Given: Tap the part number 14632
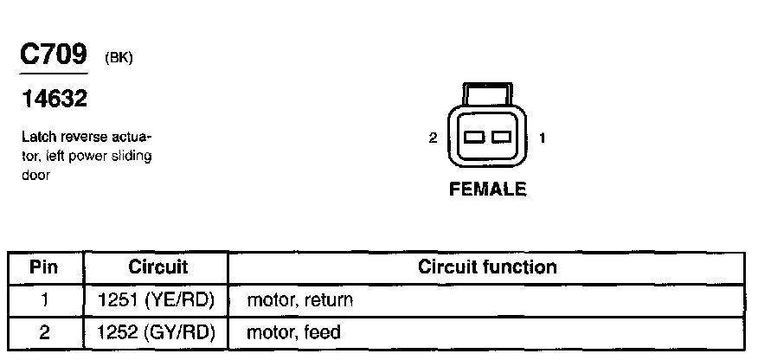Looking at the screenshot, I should pos(54,100).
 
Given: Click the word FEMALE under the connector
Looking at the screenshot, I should pos(487,190).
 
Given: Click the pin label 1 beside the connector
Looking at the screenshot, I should pos(542,138).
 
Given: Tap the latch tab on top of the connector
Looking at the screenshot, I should pos(487,93).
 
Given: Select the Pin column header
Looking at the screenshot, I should pos(43,267).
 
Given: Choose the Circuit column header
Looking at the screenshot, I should pos(157,267).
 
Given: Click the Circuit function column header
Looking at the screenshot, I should pos(487,267).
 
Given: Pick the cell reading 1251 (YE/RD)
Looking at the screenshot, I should pos(157,299).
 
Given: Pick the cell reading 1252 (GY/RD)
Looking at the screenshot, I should pos(157,331).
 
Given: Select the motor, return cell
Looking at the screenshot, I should pos(299,299).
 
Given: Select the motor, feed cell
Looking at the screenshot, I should pos(294,331).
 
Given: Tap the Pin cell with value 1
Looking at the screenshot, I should pos(43,299).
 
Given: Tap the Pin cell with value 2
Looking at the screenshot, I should pos(43,331).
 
